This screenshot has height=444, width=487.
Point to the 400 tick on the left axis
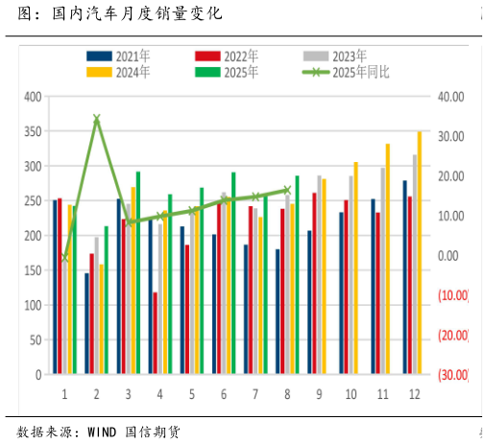[33, 97]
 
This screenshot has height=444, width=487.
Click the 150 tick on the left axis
[33, 270]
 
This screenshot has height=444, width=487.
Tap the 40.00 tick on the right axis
[450, 97]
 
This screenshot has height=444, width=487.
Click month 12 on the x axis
[413, 394]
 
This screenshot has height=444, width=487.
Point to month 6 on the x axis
[224, 394]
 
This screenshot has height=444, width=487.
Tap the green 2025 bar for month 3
[138, 273]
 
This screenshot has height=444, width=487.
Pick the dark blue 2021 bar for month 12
[404, 277]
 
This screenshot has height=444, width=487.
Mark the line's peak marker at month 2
[97, 119]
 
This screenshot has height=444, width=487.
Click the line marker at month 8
[287, 190]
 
